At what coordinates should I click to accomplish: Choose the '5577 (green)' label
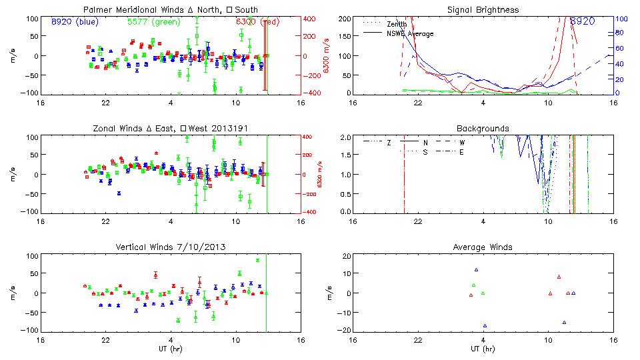coord(151,21)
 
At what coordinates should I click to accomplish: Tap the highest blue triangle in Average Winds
coord(476,270)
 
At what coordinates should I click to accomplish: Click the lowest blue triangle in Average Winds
coord(485,325)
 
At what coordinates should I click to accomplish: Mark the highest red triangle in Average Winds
coord(559,277)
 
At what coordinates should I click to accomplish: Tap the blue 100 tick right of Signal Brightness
coord(620,18)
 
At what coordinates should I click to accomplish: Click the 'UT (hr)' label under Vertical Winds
coord(170,349)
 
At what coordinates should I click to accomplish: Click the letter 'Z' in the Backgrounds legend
coord(389,143)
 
